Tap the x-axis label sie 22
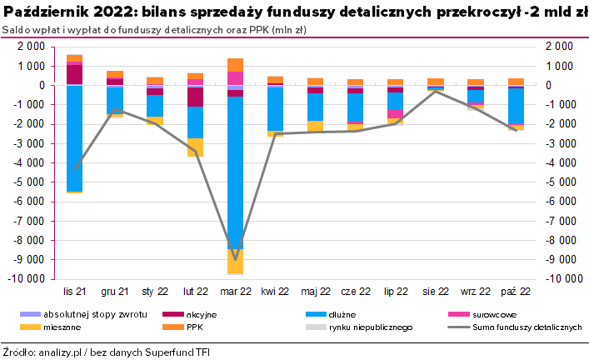pos(436,291)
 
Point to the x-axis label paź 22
pos(517,291)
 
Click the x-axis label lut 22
pos(195,291)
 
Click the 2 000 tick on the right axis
pos(559,47)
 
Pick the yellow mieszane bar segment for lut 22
pos(195,147)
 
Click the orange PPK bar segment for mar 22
pos(235,65)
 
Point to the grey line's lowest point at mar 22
pos(235,259)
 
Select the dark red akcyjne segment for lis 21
pos(75,74)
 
